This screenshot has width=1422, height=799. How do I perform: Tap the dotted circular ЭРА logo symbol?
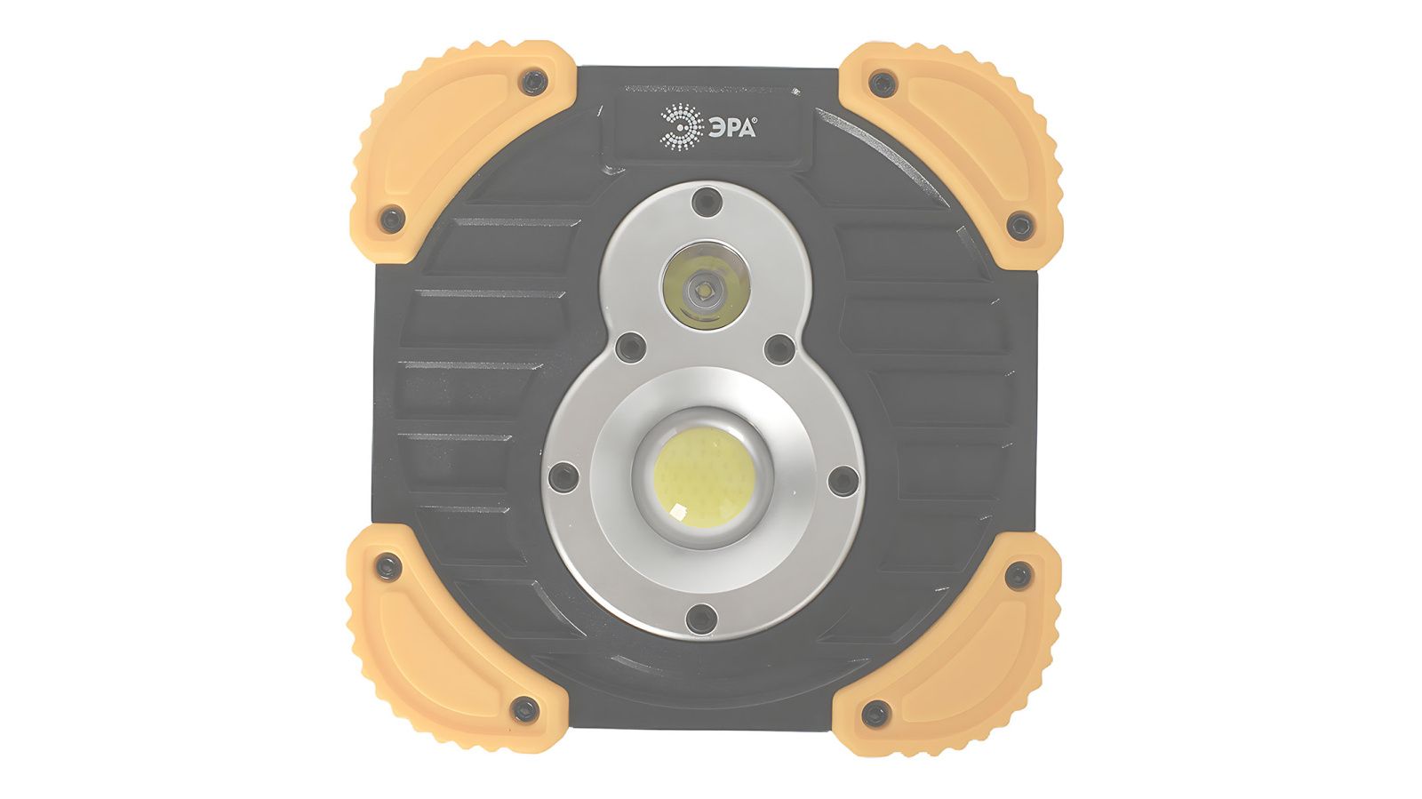click(x=682, y=127)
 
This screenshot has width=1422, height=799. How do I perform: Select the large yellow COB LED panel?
click(x=704, y=477)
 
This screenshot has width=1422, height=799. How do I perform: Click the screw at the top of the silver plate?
click(x=707, y=201)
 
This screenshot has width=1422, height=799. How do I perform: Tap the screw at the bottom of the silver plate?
click(x=701, y=618)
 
